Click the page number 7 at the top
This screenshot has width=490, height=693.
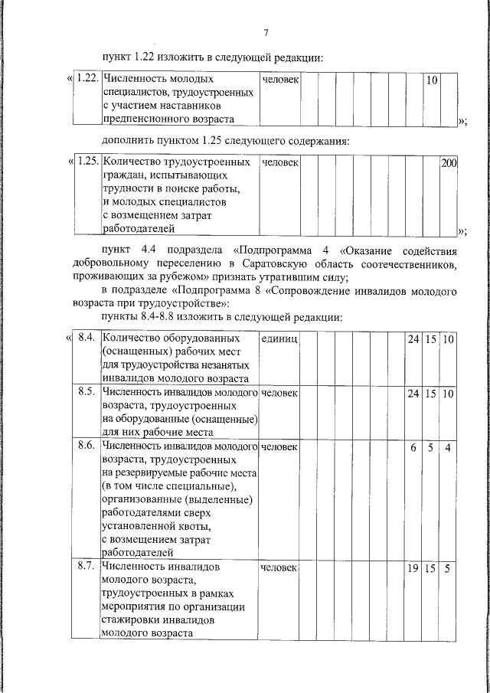[266, 32]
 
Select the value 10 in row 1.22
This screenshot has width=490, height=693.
[432, 80]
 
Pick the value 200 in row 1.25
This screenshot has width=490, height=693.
[449, 163]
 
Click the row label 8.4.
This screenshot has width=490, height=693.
[87, 338]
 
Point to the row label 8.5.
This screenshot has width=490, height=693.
[87, 393]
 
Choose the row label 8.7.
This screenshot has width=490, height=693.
[87, 568]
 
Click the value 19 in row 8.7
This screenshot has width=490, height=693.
[413, 569]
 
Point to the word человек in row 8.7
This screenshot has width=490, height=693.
[279, 569]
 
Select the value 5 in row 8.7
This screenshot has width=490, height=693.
[449, 569]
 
